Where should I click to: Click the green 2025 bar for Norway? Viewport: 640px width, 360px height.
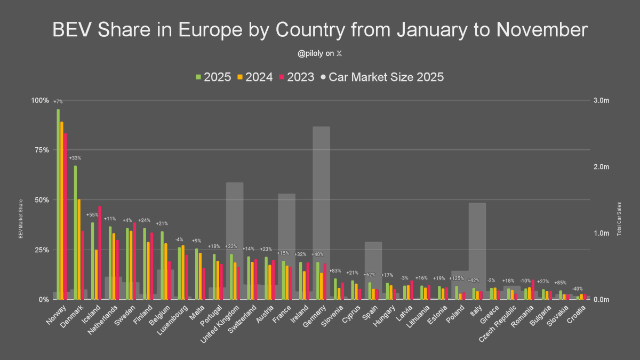(x=58, y=203)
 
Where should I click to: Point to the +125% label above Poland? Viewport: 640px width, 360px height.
(x=457, y=278)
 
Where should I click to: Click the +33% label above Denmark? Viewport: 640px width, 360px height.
(x=75, y=158)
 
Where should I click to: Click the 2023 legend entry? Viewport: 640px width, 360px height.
(x=297, y=77)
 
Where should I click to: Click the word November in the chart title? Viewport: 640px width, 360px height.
(x=541, y=30)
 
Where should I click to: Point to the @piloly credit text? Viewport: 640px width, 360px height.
(x=319, y=54)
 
